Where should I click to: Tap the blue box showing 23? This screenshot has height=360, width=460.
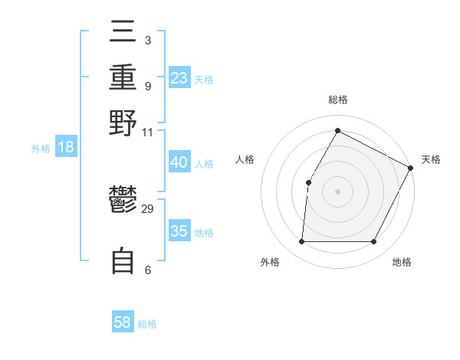(x=179, y=78)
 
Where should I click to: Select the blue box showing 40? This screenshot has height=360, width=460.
(x=179, y=162)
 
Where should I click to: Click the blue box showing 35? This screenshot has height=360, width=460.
(x=179, y=231)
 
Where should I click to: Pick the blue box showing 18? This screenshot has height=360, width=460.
(x=66, y=148)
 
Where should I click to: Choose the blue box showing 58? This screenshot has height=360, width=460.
(x=123, y=322)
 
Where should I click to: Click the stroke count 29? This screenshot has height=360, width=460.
(x=148, y=209)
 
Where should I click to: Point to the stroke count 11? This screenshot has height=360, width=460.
(x=148, y=132)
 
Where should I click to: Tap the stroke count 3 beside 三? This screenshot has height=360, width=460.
(x=147, y=39)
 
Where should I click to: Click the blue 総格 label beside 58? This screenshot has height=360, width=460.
(x=147, y=324)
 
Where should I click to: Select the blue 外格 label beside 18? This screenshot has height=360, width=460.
(x=41, y=149)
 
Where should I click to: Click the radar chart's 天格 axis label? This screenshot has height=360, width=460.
(x=431, y=159)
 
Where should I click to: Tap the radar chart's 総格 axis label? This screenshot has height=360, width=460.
(x=337, y=100)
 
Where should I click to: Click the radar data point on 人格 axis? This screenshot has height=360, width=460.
(x=308, y=182)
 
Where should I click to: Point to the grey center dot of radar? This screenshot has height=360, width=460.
(x=337, y=191)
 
